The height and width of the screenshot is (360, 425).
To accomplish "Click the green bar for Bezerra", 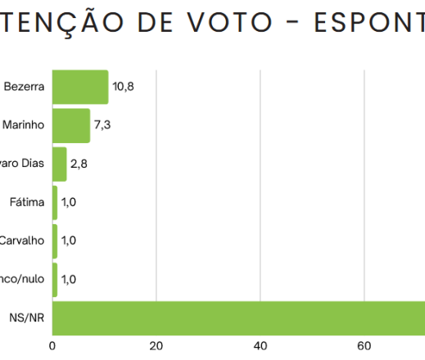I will click(x=80, y=87).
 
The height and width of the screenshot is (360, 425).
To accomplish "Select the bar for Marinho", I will click(x=71, y=125).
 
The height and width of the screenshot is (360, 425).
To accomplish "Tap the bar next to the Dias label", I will click(x=59, y=164).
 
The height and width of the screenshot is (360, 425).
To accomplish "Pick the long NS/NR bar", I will click(x=237, y=317).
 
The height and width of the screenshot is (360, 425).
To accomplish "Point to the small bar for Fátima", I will click(x=55, y=202).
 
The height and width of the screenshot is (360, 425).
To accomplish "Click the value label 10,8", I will click(x=123, y=87).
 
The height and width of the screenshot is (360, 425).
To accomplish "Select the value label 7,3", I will click(x=102, y=125).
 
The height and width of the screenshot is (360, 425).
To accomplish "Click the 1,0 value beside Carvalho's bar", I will click(x=69, y=241).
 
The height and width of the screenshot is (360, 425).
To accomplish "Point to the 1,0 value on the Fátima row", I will click(x=69, y=202).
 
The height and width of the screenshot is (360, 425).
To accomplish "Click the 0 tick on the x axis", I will click(x=53, y=345).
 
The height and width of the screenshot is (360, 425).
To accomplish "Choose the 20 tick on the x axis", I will click(x=156, y=345).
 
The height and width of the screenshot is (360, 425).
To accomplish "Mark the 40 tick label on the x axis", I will click(x=260, y=345).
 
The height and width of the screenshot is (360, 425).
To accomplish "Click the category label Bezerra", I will click(x=24, y=87).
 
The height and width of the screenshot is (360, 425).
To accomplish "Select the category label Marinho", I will click(x=24, y=125).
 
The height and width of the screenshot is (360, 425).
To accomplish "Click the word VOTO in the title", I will click(x=239, y=23).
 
